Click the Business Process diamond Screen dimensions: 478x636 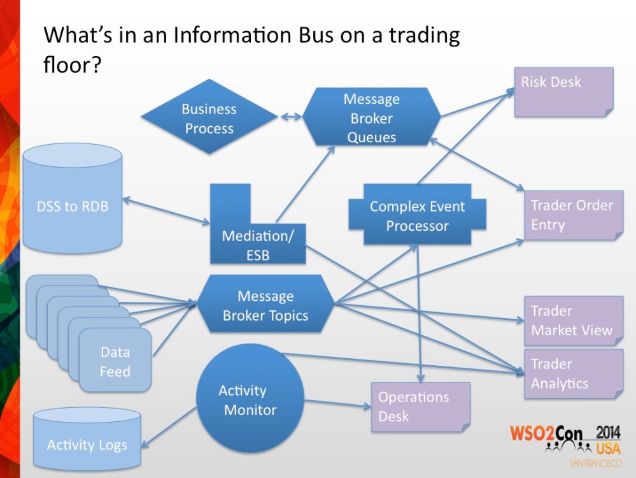pyautogui.click(x=209, y=118)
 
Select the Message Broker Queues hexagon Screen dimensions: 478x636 pyautogui.click(x=372, y=118)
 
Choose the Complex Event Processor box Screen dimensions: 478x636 pyautogui.click(x=417, y=215)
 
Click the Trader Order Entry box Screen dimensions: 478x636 pyautogui.click(x=572, y=215)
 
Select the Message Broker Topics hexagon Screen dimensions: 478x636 pyautogui.click(x=265, y=305)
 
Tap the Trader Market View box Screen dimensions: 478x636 pyautogui.click(x=572, y=321)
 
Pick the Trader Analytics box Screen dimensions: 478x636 pyautogui.click(x=572, y=373)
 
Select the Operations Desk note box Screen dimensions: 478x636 pyautogui.click(x=420, y=407)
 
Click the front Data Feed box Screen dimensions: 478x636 pyautogui.click(x=115, y=361)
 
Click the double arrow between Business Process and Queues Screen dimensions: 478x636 pyautogui.click(x=290, y=117)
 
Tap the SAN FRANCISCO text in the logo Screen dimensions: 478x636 pyautogui.click(x=595, y=463)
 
